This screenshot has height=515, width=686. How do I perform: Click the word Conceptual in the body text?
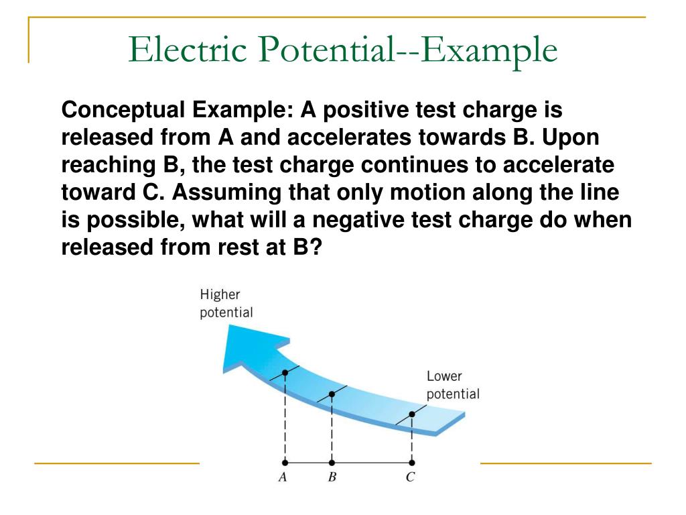(x=121, y=109)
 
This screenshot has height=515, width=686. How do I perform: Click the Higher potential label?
(x=226, y=304)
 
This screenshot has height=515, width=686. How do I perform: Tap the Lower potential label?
(x=453, y=386)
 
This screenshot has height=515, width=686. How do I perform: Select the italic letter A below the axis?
(x=283, y=478)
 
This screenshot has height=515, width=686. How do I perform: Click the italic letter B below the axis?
(x=332, y=478)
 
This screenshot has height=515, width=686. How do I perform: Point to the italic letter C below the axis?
(x=411, y=478)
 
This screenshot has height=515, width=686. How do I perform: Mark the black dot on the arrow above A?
(x=285, y=372)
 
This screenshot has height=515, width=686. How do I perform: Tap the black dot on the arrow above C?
(x=411, y=414)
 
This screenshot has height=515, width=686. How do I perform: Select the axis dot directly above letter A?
(x=285, y=463)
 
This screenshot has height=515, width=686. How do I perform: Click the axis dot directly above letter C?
(x=411, y=463)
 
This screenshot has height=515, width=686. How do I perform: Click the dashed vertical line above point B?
(x=332, y=429)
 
